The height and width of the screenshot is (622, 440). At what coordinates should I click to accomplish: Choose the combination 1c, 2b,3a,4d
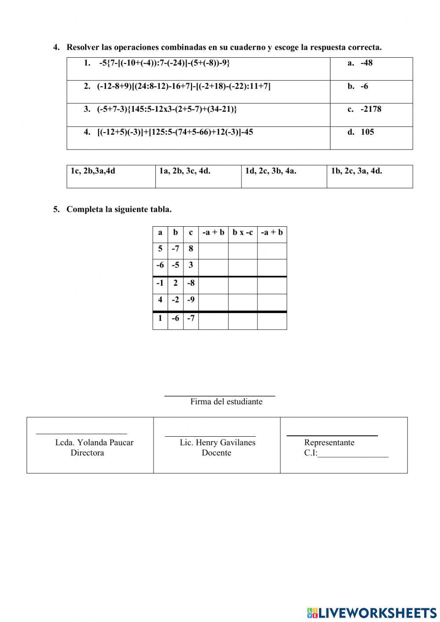(93, 171)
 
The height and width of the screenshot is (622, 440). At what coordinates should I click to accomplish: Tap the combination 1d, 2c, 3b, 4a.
(271, 171)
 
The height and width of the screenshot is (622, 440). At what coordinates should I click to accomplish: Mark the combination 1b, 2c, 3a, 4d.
(356, 171)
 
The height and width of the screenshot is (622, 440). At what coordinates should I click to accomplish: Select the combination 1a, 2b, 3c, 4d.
(185, 171)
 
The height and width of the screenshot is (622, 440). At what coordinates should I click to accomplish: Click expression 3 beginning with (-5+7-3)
(167, 109)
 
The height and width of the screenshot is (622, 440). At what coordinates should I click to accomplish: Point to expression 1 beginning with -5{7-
(164, 63)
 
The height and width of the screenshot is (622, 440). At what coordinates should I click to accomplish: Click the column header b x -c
(242, 232)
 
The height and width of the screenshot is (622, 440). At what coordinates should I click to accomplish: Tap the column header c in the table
(191, 232)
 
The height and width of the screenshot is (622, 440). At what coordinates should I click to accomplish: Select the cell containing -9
(191, 300)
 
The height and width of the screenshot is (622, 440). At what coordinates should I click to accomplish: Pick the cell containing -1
(160, 283)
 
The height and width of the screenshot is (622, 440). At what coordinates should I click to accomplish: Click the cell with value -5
(175, 265)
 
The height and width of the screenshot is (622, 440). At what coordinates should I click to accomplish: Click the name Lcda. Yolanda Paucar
(94, 442)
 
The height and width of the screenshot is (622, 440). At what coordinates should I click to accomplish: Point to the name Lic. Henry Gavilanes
(217, 442)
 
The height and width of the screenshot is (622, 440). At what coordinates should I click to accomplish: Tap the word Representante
(329, 442)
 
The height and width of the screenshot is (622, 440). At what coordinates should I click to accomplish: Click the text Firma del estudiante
(226, 401)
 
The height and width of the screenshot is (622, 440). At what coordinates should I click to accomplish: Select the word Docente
(216, 453)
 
